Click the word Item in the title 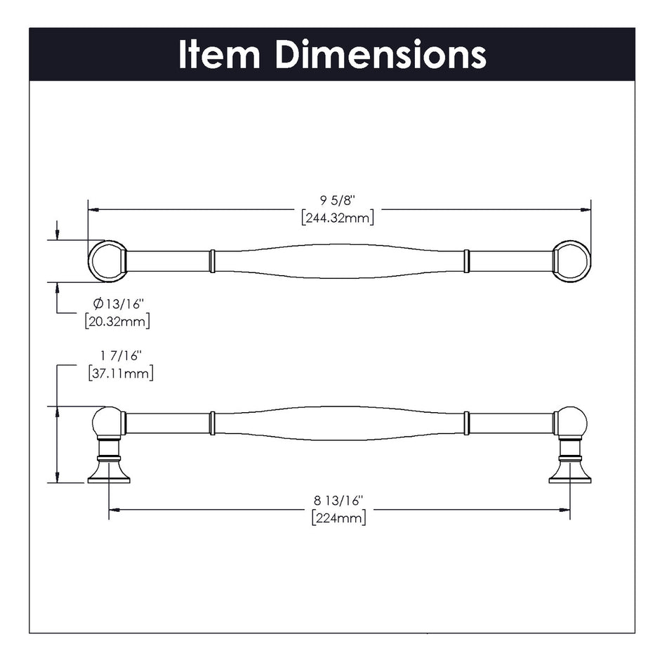[220, 54]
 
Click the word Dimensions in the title [380, 54]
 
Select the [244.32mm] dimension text [338, 218]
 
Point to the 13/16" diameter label [124, 304]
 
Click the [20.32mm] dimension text [117, 321]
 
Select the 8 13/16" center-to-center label [338, 501]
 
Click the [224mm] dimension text [338, 518]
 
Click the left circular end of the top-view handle [107, 260]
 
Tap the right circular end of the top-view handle [572, 260]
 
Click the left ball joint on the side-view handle [107, 422]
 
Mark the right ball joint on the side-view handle [572, 422]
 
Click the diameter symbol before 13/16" [99, 304]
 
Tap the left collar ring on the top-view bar [211, 260]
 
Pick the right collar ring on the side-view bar [466, 423]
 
